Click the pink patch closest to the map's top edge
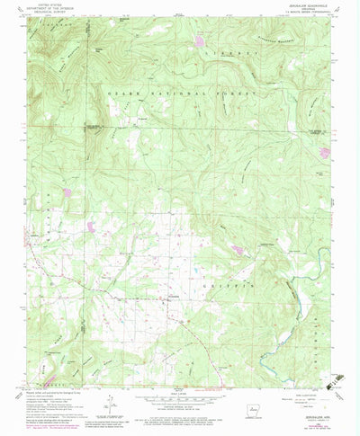tap(200, 40)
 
